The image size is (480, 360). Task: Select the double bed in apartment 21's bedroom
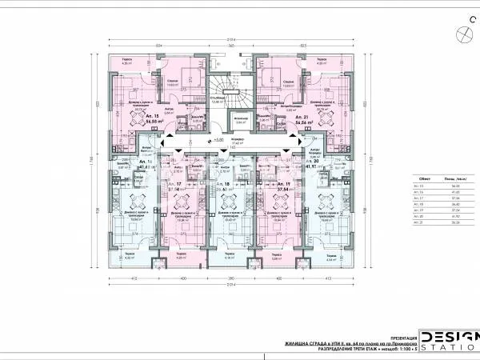pyautogui.click(x=280, y=78)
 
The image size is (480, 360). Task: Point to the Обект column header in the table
pyautogui.click(x=426, y=178)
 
